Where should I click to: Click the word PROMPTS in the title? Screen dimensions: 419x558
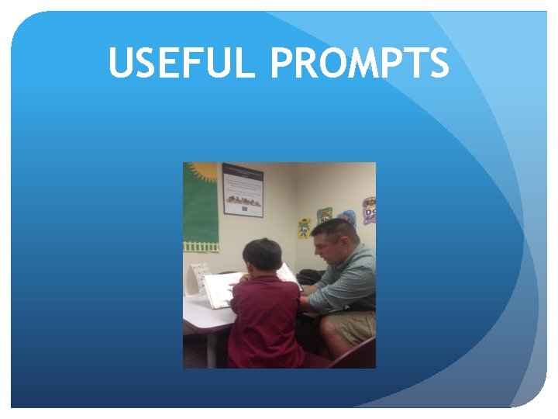point(359,64)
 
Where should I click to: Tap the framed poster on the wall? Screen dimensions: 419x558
point(243,189)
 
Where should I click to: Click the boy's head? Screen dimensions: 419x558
point(261,256)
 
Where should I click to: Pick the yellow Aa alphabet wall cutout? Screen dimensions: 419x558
point(305,227)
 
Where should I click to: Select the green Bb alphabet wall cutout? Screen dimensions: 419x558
point(324,215)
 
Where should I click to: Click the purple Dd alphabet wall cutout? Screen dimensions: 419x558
point(369,209)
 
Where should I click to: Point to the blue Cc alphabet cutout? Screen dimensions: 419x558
point(347,218)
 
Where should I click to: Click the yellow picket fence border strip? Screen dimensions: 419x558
point(200,246)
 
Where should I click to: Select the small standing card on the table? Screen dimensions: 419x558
point(199,278)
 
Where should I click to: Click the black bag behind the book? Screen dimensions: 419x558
point(310,277)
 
